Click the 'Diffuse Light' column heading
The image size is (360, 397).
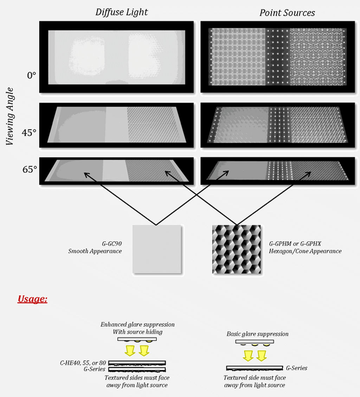click(122, 12)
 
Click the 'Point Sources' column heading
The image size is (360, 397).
click(287, 13)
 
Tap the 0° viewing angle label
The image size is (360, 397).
click(32, 75)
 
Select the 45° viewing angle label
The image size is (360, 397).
click(29, 133)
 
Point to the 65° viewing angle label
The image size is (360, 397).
click(30, 169)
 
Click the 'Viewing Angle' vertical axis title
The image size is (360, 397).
click(9, 116)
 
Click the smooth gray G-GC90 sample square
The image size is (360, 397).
click(157, 249)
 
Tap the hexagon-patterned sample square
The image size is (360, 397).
click(237, 249)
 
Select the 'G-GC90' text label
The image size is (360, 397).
click(112, 244)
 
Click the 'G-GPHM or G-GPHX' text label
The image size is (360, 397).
click(295, 244)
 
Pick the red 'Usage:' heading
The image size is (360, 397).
click(32, 299)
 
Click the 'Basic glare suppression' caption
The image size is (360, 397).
click(257, 334)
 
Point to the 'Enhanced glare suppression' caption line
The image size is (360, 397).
click(137, 325)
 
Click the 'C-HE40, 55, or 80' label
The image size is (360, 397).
click(83, 363)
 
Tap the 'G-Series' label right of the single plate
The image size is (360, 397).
click(296, 368)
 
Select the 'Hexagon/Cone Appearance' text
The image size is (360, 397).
click(305, 251)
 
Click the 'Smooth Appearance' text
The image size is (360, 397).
click(95, 251)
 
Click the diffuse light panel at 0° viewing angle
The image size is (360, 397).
click(116, 57)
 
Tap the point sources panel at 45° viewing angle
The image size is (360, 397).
click(278, 125)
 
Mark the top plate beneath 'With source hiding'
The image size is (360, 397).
click(137, 339)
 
